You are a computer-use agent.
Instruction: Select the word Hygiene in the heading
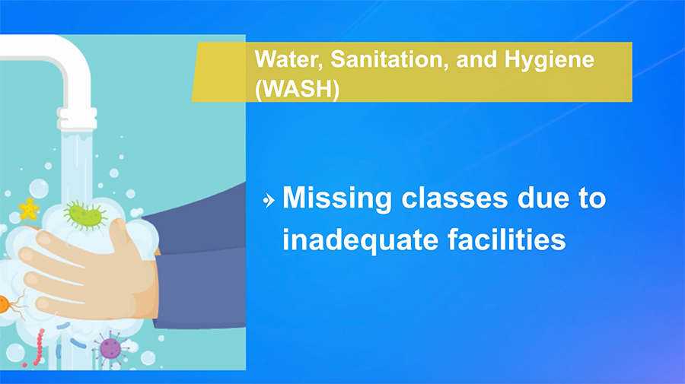click(x=549, y=60)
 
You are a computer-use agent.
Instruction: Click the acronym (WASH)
click(x=297, y=89)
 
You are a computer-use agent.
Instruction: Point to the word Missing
click(x=337, y=199)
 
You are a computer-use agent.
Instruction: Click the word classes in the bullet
click(x=454, y=198)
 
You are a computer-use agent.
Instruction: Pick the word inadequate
click(x=360, y=240)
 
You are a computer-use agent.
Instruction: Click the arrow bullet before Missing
click(x=269, y=201)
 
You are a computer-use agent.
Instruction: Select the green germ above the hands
click(x=85, y=214)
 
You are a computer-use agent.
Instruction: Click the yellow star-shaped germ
click(x=29, y=209)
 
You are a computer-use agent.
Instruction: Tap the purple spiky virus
click(x=110, y=348)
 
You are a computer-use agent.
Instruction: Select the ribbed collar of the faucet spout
click(x=77, y=119)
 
